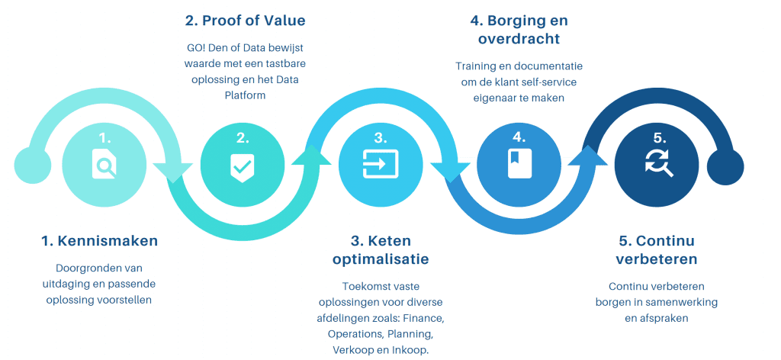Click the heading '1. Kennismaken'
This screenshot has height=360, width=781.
point(99,241)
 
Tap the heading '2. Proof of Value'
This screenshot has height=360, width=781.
point(244,21)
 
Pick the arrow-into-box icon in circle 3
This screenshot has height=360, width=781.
point(380,163)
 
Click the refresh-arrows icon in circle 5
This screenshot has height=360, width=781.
point(658,162)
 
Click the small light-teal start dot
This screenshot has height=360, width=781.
point(32,165)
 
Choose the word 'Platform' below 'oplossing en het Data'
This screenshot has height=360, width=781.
point(245,95)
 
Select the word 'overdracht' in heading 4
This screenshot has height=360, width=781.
point(518,39)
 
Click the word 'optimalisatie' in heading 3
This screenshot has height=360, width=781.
point(381,259)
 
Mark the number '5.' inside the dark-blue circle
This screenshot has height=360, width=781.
point(658,137)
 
